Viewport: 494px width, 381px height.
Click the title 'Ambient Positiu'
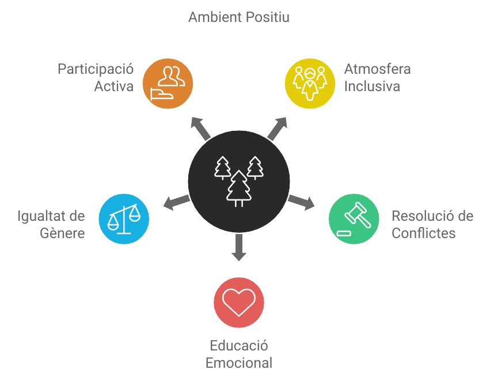coord(239,17)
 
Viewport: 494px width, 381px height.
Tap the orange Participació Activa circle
coord(168,84)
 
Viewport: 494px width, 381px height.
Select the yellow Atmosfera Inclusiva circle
coord(310,84)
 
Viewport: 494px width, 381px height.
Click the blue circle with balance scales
coord(124,219)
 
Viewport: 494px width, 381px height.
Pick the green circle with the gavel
coord(354,219)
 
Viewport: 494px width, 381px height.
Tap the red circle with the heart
coord(239,303)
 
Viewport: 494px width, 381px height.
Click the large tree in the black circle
coord(239,188)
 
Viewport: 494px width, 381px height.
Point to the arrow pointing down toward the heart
coord(239,247)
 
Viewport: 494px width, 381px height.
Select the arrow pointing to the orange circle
coord(200,129)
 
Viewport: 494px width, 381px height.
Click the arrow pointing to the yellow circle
coord(278,129)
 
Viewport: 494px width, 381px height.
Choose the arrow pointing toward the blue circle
coord(177,202)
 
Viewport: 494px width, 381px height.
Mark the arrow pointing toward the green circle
coord(301,202)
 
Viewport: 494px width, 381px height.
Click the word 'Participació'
coord(96,69)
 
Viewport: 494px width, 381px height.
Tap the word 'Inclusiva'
coord(372,86)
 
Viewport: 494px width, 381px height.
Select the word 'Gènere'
coord(62,233)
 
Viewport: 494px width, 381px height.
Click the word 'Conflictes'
coord(424,233)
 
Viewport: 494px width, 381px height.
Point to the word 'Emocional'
coord(239,363)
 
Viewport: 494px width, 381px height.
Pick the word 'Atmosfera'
coord(378,69)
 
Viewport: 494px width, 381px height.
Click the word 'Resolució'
coord(419,216)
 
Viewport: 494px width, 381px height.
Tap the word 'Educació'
coord(239,346)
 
